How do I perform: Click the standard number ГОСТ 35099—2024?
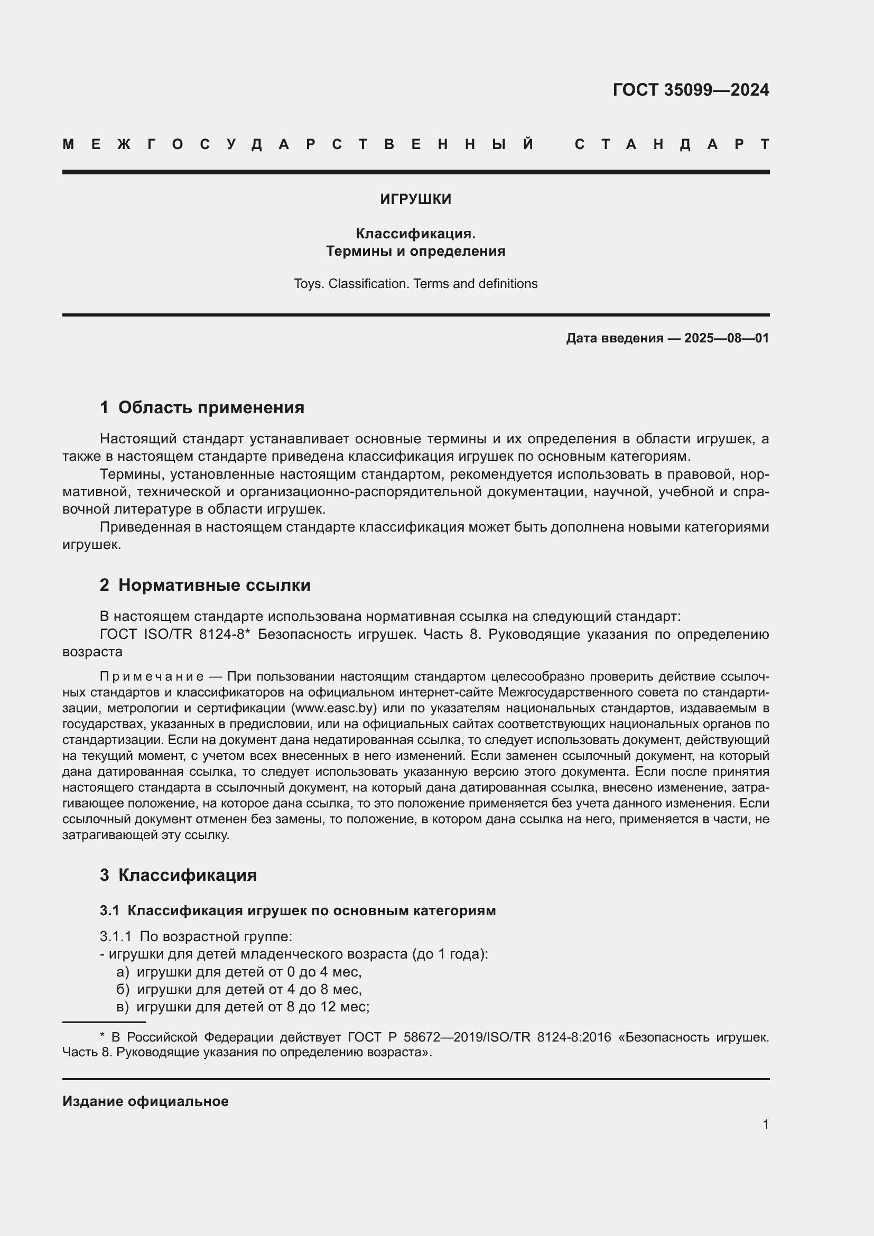point(691,89)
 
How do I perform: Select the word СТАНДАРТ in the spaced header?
point(672,144)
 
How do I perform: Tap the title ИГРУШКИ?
point(415,199)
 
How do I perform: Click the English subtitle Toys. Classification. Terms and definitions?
point(415,284)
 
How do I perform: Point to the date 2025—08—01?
point(726,338)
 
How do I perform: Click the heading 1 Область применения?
point(202,407)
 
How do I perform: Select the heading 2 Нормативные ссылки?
point(205,584)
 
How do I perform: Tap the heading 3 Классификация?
point(178,875)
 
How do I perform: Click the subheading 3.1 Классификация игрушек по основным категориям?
point(297,910)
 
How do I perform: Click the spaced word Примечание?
point(151,677)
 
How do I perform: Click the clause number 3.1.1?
point(115,937)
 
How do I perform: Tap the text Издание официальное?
point(145,1101)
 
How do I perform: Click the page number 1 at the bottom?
point(765,1124)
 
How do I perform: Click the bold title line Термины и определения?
point(415,252)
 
